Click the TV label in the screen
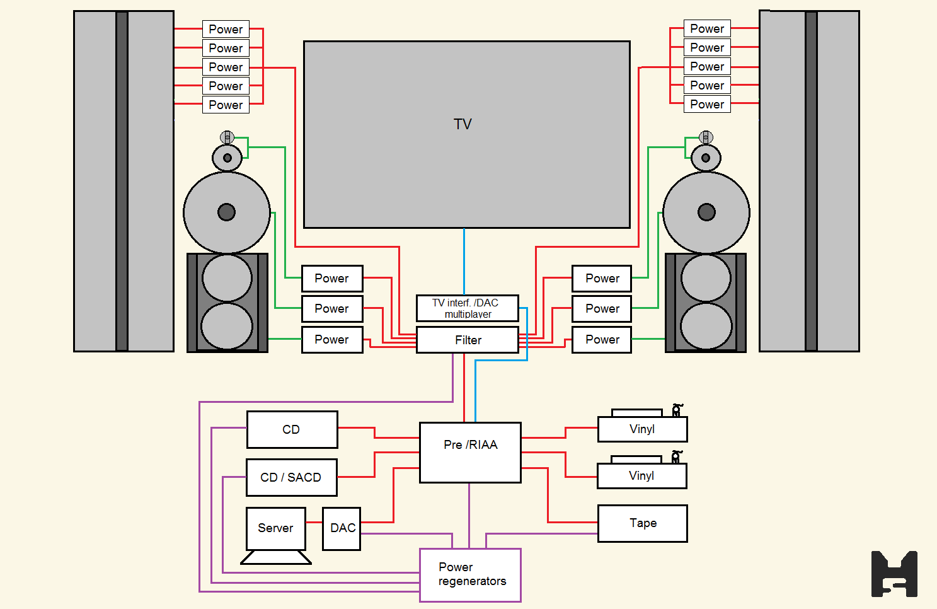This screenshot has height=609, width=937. coord(463,124)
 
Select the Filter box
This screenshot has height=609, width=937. coord(468,340)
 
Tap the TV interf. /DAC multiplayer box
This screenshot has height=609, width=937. coord(467,308)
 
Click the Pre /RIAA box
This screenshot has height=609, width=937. coord(470,453)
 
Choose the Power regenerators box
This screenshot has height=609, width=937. coord(470,575)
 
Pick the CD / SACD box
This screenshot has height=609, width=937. coord(291,477)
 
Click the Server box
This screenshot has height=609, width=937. coord(275,528)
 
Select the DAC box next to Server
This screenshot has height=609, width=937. coord(342,528)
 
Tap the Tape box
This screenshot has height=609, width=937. coord(642,523)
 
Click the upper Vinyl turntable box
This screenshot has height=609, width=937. coord(642,429)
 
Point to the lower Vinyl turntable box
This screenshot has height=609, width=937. coord(641,476)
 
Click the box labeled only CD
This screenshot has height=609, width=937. coord(292,430)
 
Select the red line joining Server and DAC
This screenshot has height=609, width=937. coord(314,523)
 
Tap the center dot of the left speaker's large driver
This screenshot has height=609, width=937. coord(227,212)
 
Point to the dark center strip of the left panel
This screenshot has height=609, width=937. coord(122,181)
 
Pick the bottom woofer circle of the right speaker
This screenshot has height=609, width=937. coord(706,326)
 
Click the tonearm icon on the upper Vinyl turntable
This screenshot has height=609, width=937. coord(677,410)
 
